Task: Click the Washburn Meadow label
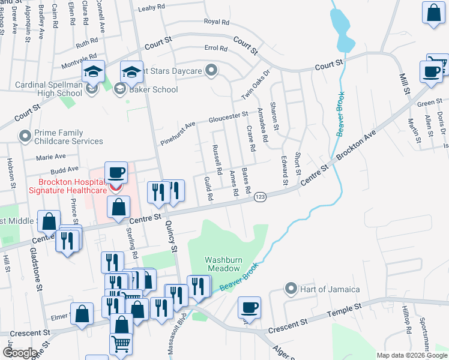tap(223, 265)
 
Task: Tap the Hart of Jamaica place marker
tap(291, 289)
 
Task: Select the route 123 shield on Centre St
tap(261, 197)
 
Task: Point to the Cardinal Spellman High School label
tap(49, 89)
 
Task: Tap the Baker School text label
tap(154, 89)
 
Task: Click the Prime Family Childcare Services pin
tap(25, 137)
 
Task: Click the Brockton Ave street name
tap(357, 146)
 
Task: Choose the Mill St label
tap(405, 84)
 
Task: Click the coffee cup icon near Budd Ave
tap(116, 172)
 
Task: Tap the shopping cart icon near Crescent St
tap(120, 344)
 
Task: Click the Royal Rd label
tap(217, 22)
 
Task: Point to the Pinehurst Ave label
tap(178, 134)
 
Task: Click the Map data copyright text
tap(412, 355)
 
